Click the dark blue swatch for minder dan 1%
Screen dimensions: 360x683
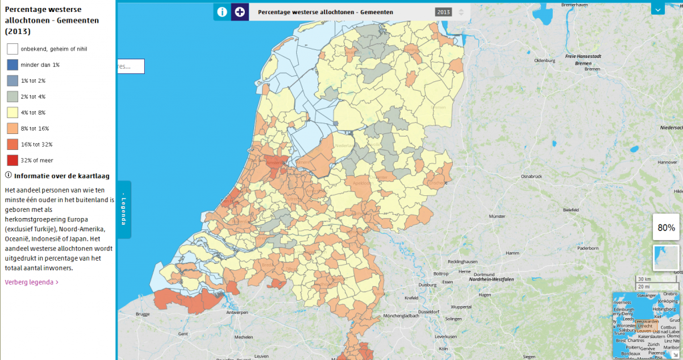(x=13, y=65)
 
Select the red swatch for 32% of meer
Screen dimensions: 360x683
(x=13, y=160)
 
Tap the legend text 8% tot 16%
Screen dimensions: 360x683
(x=35, y=129)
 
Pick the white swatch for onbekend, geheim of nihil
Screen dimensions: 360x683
(x=13, y=49)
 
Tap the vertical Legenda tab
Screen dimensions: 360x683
(x=124, y=209)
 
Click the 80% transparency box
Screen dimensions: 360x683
(x=666, y=228)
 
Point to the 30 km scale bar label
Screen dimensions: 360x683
(x=644, y=279)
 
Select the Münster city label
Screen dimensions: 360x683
(x=498, y=217)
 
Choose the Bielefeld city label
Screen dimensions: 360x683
(x=571, y=209)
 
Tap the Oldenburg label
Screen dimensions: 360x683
(x=545, y=61)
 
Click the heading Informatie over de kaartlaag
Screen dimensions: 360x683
(x=56, y=175)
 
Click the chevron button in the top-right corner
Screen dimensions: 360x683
(x=658, y=9)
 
